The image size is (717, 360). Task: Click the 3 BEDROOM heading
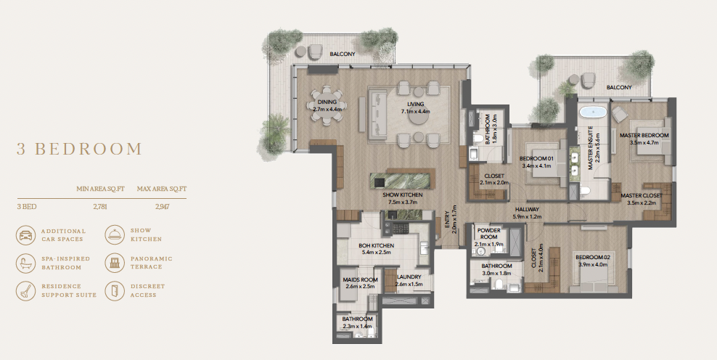coord(80,150)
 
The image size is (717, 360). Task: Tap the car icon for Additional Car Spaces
coord(26,234)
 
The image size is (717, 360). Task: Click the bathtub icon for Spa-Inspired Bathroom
coord(26,263)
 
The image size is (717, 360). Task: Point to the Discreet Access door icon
coord(115,290)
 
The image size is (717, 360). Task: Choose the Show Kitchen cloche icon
coord(115,234)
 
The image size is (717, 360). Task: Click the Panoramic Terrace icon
coord(115,263)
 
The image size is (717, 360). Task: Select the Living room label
coord(414,105)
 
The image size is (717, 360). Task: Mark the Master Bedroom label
coord(643,136)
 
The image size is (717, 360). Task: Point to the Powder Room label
coord(488,233)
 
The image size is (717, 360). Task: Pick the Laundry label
coord(409,277)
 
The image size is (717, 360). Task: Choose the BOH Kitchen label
coord(376,245)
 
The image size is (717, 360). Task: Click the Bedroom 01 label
coord(536,159)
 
